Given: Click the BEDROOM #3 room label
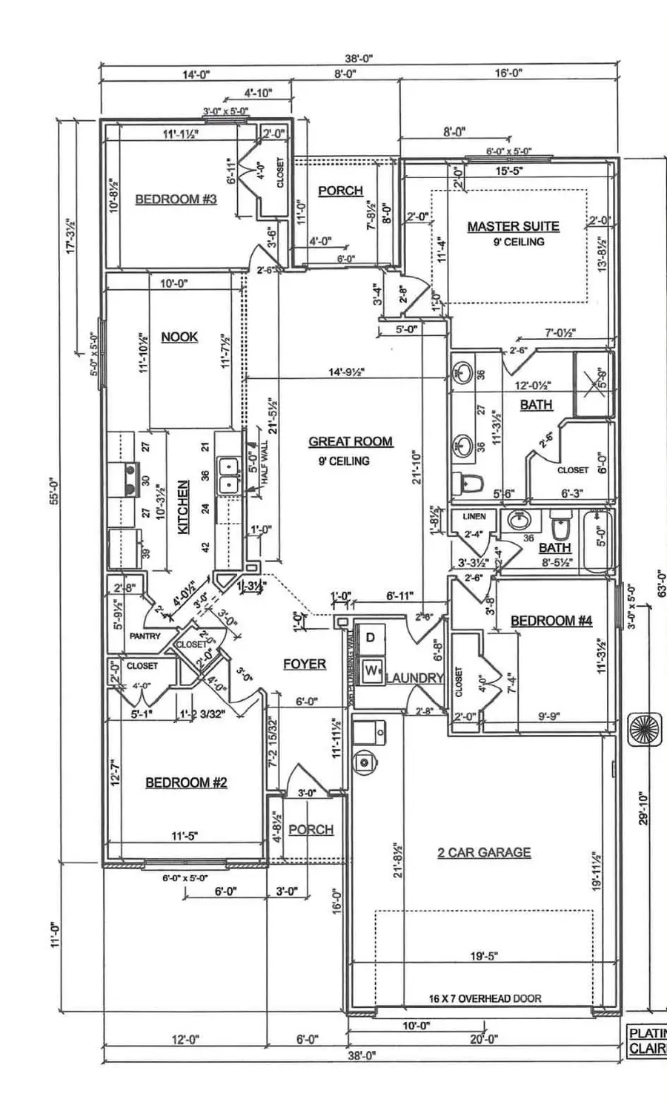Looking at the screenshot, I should click(x=176, y=199).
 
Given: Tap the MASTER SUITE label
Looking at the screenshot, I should click(x=513, y=226).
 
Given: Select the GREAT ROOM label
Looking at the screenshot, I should click(x=351, y=441).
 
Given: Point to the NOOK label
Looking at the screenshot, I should click(x=179, y=337).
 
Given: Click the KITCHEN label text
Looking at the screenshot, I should click(x=183, y=507).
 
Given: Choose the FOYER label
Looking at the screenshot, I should click(x=305, y=664).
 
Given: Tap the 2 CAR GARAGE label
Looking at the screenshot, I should click(x=484, y=852).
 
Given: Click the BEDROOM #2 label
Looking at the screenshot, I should click(x=186, y=782).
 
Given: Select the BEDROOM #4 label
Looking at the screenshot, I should click(x=551, y=621).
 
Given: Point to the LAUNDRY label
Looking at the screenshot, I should click(x=414, y=677).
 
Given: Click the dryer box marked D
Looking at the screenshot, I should click(x=371, y=637).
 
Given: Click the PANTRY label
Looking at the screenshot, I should click(x=145, y=636).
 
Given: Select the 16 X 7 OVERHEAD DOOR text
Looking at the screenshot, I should click(x=485, y=998).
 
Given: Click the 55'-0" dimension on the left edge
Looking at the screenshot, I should click(x=53, y=489).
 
